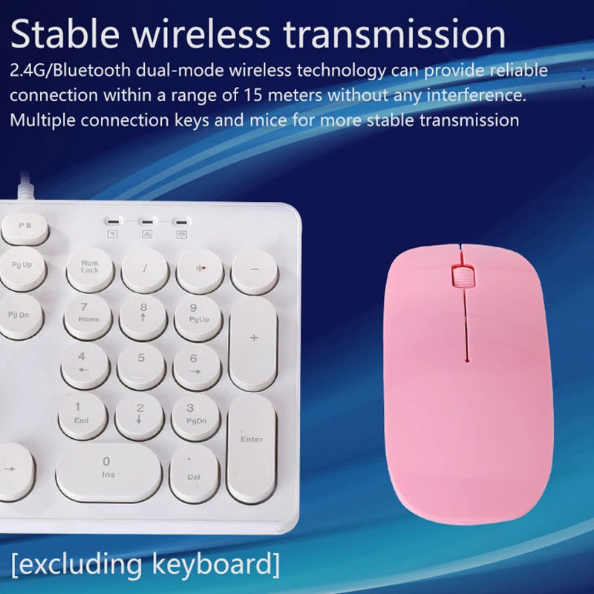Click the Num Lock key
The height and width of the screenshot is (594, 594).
point(90,270)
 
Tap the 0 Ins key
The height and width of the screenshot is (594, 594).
point(108,472)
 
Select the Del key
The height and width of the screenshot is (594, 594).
point(195,473)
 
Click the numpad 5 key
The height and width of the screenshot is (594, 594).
point(141,366)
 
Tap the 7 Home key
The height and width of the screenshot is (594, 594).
point(88,317)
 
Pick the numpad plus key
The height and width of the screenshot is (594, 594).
point(253,343)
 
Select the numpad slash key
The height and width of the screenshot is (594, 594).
point(145,270)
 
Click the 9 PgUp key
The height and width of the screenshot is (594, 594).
point(198,319)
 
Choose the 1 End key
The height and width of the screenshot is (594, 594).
point(83,416)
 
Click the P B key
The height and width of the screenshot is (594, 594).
point(25,229)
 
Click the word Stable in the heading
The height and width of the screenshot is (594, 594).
point(65,33)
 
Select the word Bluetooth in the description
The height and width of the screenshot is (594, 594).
point(91,71)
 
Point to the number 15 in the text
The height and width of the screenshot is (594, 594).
point(252,95)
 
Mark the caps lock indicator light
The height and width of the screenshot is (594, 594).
point(147,221)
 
